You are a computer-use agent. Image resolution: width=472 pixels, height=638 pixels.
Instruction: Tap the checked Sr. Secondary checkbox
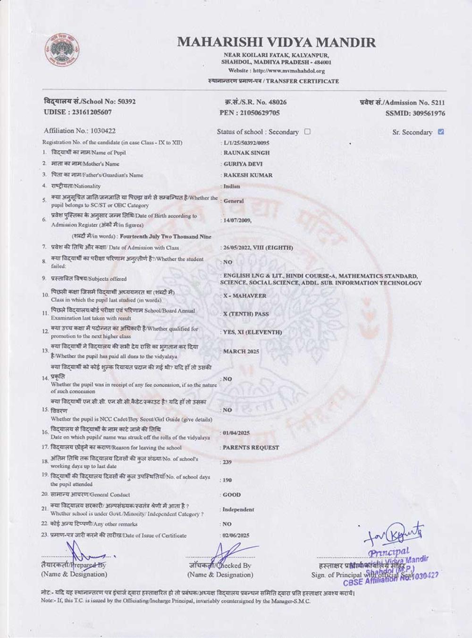[441, 132]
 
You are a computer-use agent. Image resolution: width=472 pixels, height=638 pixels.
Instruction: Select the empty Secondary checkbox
[307, 132]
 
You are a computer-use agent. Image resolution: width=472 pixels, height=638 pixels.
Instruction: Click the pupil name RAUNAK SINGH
[246, 153]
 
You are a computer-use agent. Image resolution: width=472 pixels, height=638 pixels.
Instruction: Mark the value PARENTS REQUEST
[251, 447]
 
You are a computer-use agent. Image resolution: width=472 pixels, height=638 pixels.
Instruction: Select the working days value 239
[227, 462]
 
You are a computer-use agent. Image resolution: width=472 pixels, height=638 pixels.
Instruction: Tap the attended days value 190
[227, 480]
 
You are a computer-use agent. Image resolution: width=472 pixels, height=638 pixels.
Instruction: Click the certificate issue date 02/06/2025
[236, 535]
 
